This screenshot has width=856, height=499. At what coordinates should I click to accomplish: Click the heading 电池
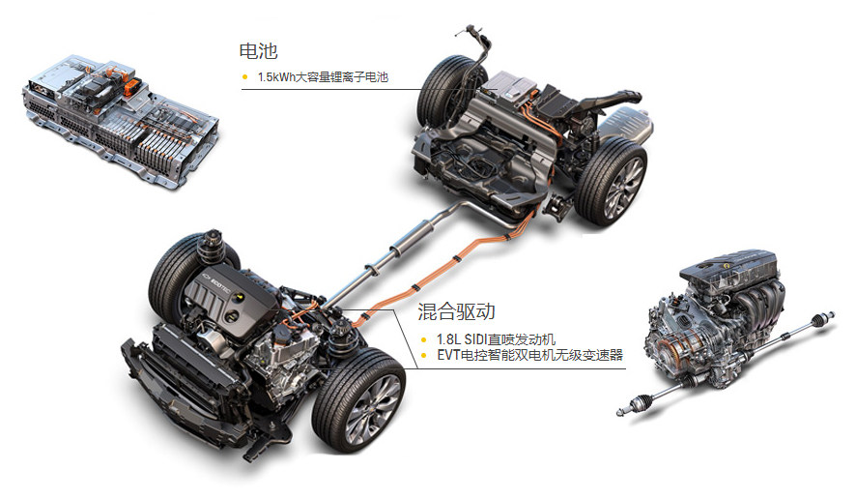(x=258, y=51)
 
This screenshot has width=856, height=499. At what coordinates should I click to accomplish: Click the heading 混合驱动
(x=456, y=311)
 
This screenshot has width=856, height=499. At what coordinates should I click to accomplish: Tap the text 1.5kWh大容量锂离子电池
(x=323, y=77)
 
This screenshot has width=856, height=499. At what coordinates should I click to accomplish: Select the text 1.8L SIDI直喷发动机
(x=496, y=339)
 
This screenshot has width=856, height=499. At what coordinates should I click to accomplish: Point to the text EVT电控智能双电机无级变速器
(x=529, y=355)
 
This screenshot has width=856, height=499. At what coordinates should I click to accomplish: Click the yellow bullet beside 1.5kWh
(x=244, y=77)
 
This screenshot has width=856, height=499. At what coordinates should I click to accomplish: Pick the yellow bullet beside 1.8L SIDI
(x=424, y=340)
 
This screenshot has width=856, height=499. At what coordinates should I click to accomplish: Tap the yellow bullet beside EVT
(x=424, y=356)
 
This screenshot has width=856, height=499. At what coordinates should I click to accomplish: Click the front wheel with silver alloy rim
(x=360, y=401)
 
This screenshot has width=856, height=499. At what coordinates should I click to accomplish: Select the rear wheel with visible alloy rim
(x=612, y=180)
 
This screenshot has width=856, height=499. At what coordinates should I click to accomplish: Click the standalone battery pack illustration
(x=119, y=119)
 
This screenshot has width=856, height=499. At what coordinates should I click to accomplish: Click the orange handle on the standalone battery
(x=132, y=87)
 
